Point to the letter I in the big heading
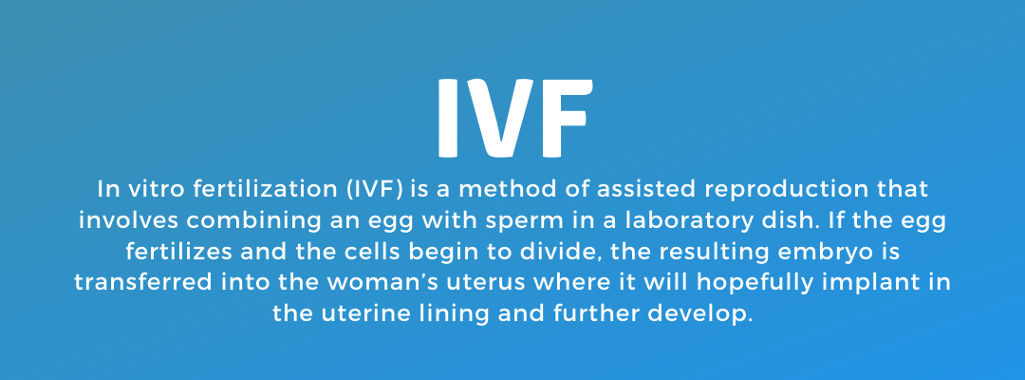click(448, 118)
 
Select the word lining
click(453, 314)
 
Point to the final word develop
click(699, 314)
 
